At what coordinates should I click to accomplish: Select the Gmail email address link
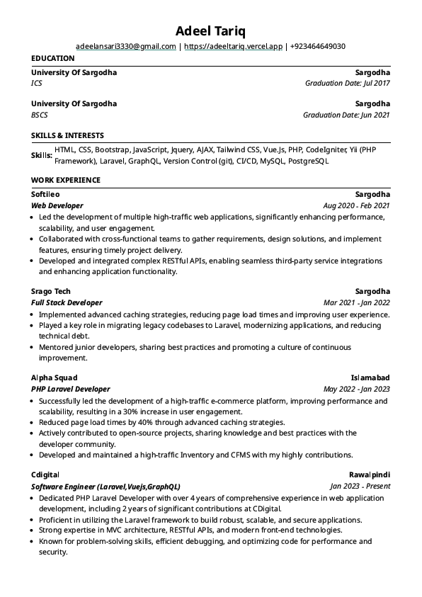pos(125,47)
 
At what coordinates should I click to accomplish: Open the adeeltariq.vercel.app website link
pos(234,47)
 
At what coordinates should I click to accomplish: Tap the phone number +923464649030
pos(318,47)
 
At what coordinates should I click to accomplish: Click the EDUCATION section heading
pos(53,58)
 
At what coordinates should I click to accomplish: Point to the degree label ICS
pos(37,84)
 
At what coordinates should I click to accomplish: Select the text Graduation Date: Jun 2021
pos(346,115)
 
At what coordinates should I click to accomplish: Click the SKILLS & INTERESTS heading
pos(67,135)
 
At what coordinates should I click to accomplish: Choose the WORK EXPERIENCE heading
pos(66,181)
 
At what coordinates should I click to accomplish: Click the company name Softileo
pos(46,194)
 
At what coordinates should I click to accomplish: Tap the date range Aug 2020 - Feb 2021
pos(356,205)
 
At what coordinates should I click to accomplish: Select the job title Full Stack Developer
pos(67,302)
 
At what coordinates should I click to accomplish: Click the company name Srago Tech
pos(51,291)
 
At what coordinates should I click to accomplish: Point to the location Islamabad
pos(370,377)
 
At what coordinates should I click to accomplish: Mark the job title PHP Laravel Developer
pos(71,389)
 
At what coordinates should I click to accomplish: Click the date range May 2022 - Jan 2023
pos(356,389)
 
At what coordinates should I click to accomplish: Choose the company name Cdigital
pos(45,474)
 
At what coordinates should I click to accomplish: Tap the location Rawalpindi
pos(370,474)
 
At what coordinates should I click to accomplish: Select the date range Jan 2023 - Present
pos(360,487)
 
